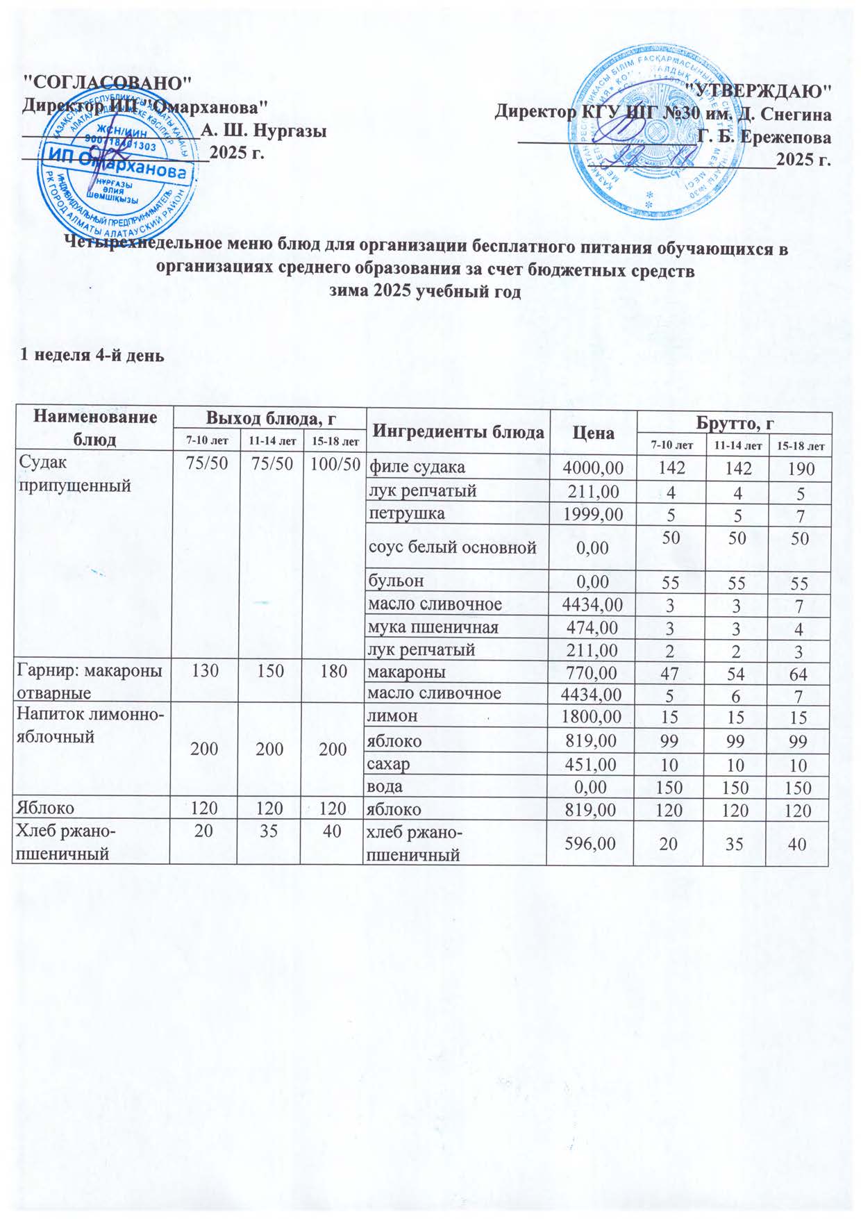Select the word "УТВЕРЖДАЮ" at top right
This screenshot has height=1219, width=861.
tap(758, 90)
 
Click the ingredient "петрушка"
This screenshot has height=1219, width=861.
tap(406, 514)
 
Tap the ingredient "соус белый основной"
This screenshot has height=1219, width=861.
tap(452, 547)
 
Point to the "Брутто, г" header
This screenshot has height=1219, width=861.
tap(734, 422)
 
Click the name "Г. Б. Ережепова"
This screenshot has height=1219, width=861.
tap(764, 136)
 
